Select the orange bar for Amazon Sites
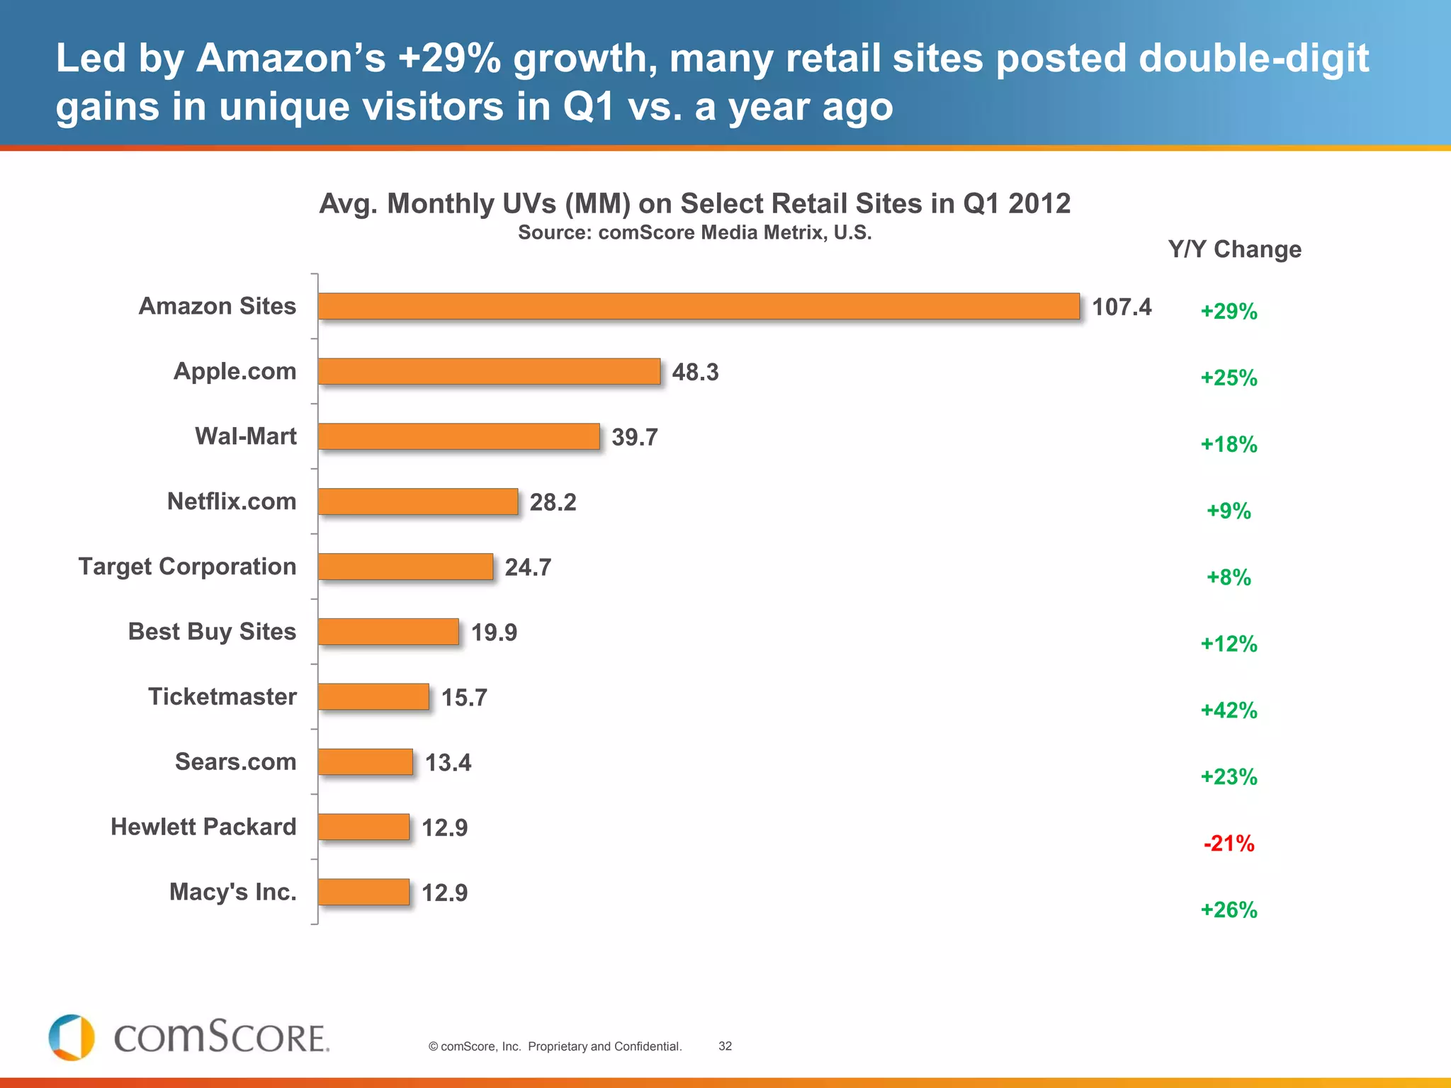(699, 306)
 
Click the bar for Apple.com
(489, 371)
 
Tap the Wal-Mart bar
(458, 436)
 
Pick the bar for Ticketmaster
(373, 696)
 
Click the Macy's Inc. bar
(363, 892)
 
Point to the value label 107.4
(1122, 307)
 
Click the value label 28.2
(553, 502)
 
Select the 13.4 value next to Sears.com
(448, 763)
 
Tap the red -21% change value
(1229, 843)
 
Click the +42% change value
(1229, 710)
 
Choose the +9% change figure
(1229, 511)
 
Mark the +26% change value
(1229, 909)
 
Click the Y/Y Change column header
(1234, 249)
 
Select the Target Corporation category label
(187, 567)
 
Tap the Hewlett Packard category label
(203, 827)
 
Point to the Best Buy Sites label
(212, 631)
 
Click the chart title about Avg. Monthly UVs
(694, 204)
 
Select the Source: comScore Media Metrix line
(694, 232)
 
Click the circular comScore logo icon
(72, 1038)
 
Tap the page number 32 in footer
(725, 1046)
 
